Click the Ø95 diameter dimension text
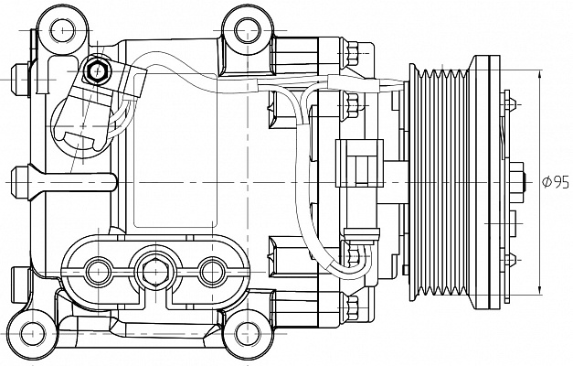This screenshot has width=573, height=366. coord(556,182)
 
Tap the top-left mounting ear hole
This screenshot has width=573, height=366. coord(62,30)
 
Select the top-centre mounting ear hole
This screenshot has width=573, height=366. coord(248,30)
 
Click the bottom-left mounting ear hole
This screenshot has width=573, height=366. coord(33,334)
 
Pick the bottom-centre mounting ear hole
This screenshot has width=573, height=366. coord(248,334)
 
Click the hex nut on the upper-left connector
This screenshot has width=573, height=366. coord(96,70)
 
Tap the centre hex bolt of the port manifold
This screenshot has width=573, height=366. coord(155,272)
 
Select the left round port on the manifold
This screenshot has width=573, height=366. coord(99,272)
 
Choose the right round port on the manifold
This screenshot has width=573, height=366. coord(212,272)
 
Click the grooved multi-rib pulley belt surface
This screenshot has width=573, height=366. coord(443,182)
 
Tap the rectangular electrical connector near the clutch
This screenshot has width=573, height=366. coord(359,163)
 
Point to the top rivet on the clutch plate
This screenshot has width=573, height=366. coord(508,104)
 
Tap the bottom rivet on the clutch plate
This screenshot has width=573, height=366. coord(508,260)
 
